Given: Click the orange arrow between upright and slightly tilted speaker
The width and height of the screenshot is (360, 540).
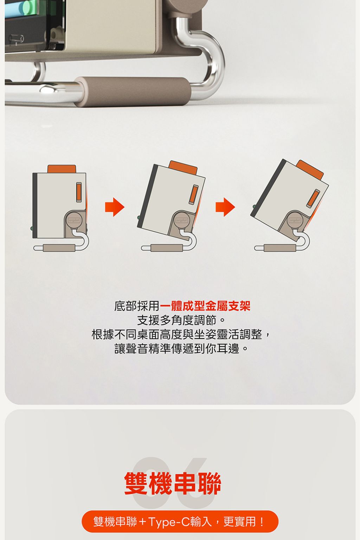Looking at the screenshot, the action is (115, 207).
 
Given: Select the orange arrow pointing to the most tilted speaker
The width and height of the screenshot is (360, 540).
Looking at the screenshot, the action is (225, 207).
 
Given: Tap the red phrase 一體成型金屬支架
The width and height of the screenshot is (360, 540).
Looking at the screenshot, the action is (205, 306).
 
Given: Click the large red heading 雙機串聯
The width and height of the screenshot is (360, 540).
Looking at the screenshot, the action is (173, 483).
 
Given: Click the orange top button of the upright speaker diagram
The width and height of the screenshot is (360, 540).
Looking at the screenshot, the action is (62, 169).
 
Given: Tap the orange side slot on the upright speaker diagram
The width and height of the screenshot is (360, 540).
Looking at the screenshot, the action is (79, 192).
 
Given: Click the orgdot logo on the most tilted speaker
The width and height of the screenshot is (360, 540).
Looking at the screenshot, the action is (295, 220).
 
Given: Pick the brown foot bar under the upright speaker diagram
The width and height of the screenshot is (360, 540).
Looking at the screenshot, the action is (59, 248).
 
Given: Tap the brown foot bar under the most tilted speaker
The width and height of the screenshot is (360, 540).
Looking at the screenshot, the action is (280, 248).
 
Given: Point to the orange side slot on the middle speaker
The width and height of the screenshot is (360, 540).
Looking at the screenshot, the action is (193, 195).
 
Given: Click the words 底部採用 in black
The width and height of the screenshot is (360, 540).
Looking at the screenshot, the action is (137, 306).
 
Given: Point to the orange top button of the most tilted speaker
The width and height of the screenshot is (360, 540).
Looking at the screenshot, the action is (310, 169).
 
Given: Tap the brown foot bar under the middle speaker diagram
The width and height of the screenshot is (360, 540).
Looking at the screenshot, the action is (167, 248).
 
